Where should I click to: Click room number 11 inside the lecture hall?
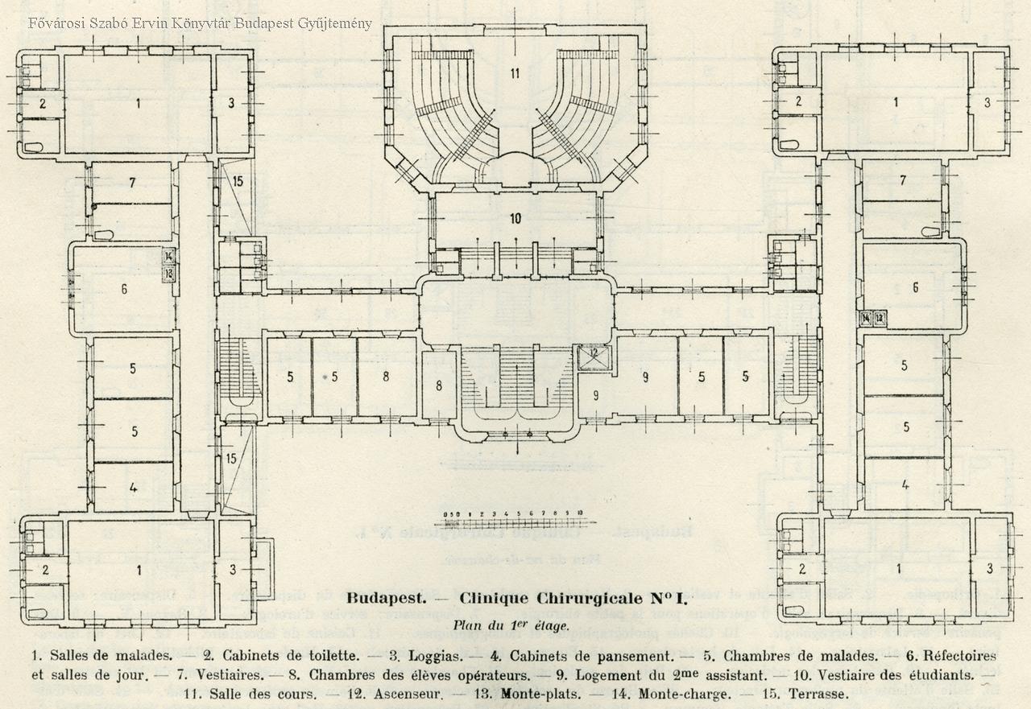[514, 74]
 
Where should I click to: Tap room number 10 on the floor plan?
[515, 218]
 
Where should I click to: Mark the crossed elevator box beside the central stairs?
[594, 356]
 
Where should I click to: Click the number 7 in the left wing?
[132, 183]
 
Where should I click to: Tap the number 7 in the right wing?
[903, 179]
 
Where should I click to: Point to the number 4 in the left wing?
[133, 488]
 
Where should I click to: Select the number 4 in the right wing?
[905, 484]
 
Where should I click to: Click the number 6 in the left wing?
[124, 289]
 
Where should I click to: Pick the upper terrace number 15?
[237, 181]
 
